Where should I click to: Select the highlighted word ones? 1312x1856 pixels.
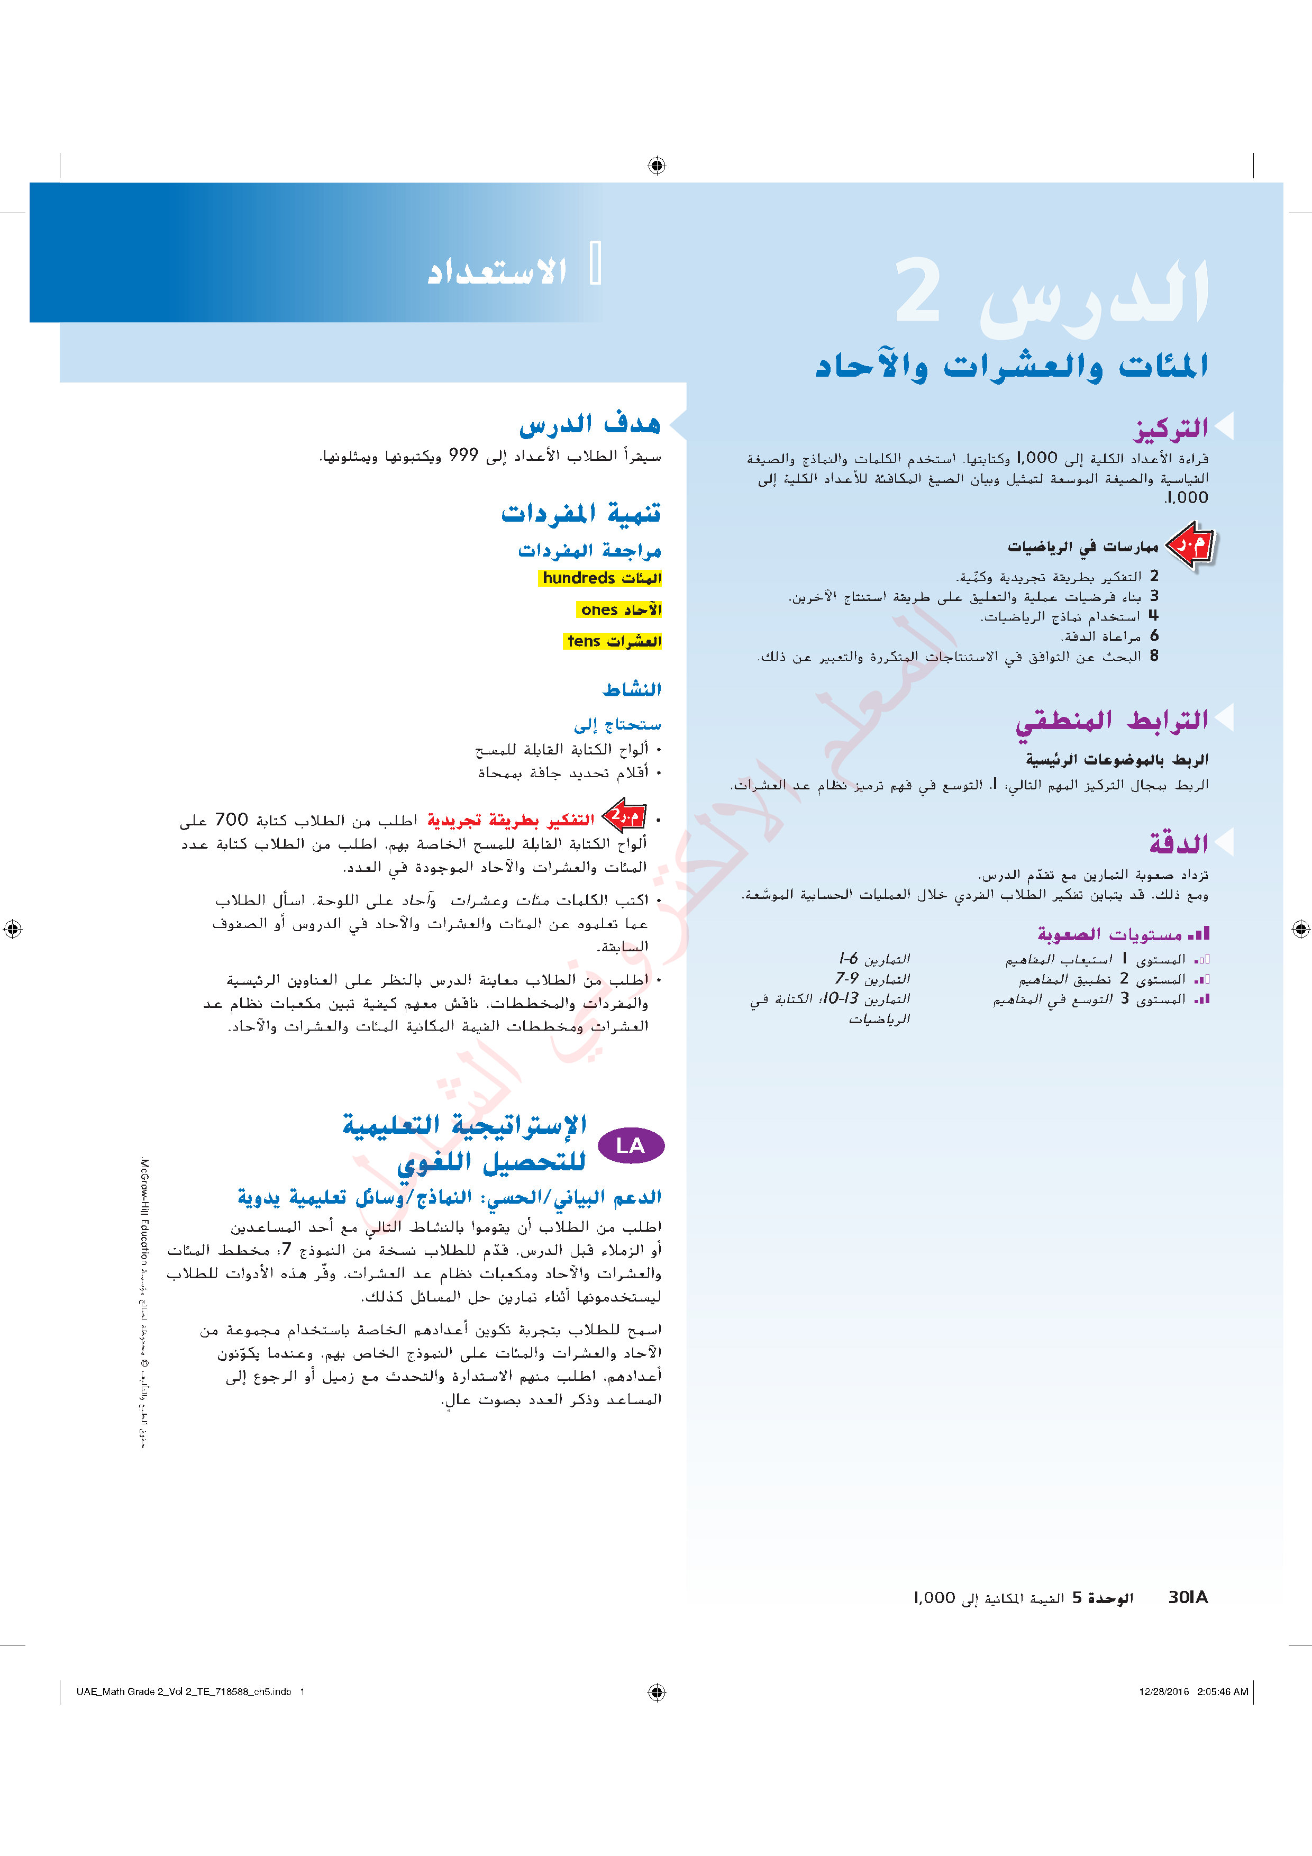point(599,609)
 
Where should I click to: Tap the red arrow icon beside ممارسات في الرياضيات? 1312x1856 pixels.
point(1191,547)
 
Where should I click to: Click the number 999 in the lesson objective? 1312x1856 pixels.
point(463,456)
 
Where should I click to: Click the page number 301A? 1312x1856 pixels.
point(1188,1597)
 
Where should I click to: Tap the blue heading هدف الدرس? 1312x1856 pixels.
point(589,424)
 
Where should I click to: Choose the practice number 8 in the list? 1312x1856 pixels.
point(1154,656)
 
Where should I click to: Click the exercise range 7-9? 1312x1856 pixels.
point(847,979)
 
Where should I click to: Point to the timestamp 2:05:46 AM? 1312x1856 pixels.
point(1222,1691)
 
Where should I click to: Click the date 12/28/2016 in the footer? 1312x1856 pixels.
point(1164,1691)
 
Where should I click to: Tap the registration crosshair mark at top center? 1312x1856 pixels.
point(657,166)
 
